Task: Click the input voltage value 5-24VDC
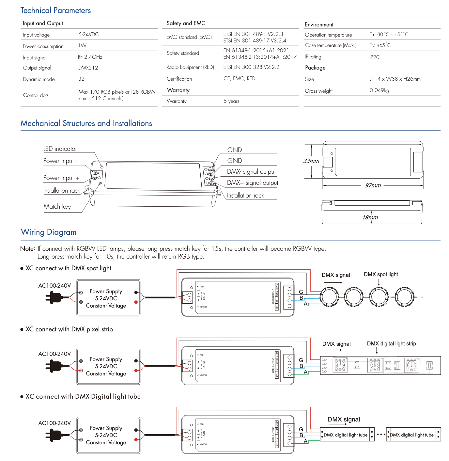(88, 34)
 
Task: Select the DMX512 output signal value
(88, 68)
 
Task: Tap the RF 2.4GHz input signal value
(90, 57)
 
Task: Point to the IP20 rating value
(374, 57)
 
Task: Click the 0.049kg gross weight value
(379, 90)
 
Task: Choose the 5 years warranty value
(231, 101)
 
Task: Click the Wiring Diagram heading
(49, 232)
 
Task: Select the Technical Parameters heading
(55, 10)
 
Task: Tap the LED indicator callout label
(60, 149)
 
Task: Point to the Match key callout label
(57, 207)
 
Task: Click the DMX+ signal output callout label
(253, 183)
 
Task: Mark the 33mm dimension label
(311, 161)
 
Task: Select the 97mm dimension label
(373, 185)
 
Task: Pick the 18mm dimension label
(370, 217)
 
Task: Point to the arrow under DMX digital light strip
(377, 350)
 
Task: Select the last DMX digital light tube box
(413, 435)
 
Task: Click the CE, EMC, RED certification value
(239, 79)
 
